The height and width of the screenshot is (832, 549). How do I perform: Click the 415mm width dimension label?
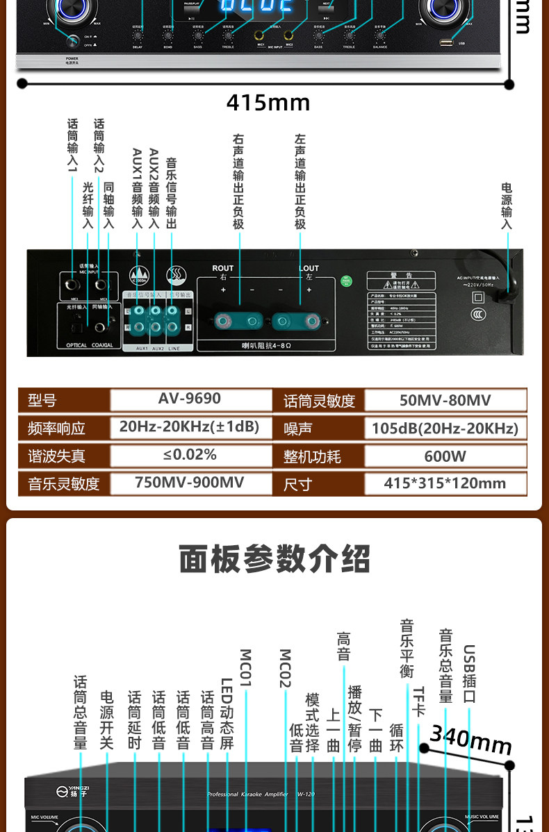[268, 103]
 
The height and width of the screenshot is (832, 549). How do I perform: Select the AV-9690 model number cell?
[190, 399]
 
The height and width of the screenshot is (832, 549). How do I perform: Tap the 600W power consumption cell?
[445, 456]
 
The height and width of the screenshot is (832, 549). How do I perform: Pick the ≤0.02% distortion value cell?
[190, 455]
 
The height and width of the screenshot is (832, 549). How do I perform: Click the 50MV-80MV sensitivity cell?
[445, 400]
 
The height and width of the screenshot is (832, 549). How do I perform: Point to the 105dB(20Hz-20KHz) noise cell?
[445, 428]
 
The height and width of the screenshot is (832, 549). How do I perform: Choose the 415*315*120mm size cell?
[445, 483]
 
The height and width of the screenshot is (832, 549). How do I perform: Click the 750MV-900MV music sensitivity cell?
[190, 483]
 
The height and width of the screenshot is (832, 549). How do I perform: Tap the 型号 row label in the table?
[42, 401]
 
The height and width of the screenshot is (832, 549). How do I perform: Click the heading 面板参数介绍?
[274, 559]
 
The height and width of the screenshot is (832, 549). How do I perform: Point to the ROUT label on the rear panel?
[223, 268]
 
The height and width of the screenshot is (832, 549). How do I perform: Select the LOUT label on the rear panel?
[309, 268]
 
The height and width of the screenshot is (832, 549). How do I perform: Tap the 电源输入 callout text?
[507, 206]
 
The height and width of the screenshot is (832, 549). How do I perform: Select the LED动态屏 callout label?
[227, 714]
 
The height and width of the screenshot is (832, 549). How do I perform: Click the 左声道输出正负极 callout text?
[300, 182]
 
